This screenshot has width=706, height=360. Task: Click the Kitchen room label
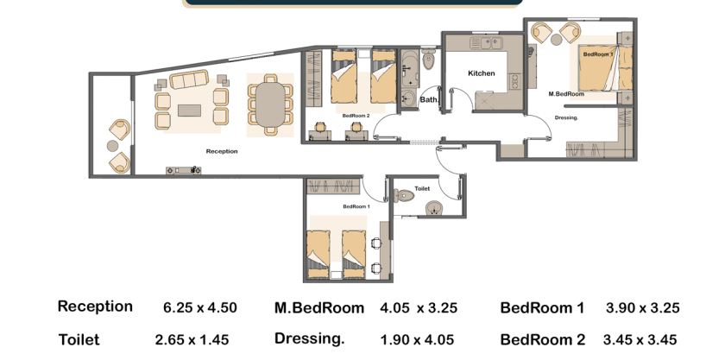[482, 73]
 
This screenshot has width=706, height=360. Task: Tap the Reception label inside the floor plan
[222, 151]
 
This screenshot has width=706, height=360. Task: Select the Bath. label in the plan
[429, 99]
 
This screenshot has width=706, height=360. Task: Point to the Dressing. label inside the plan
[566, 117]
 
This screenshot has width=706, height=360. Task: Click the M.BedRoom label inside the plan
[566, 94]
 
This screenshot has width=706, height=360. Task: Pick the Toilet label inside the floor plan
[422, 189]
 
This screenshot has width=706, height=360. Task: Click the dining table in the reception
[271, 105]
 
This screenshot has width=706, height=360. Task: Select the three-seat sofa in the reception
[189, 79]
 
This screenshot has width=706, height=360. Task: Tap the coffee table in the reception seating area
[189, 111]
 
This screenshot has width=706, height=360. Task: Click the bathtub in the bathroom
[410, 69]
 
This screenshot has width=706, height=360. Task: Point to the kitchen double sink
[486, 43]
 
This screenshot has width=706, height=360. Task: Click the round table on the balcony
[112, 146]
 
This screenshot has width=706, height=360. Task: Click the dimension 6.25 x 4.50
[200, 307]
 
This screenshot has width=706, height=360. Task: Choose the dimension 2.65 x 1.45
[192, 340]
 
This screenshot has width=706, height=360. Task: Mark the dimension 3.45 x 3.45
[640, 340]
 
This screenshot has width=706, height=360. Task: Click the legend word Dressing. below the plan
[309, 338]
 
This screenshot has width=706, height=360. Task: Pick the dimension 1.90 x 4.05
[417, 340]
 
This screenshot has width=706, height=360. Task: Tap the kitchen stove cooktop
[515, 80]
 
